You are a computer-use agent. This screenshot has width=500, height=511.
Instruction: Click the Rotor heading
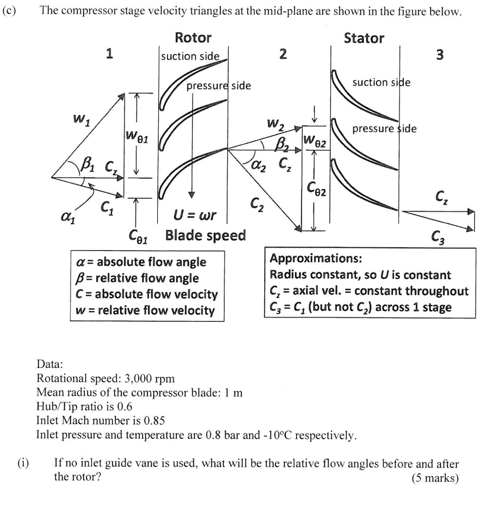coord(193,38)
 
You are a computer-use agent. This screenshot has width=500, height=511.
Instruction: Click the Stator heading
coord(364,38)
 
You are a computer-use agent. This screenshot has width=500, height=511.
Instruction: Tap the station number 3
coord(440,55)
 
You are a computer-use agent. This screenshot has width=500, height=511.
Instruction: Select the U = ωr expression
coord(195,215)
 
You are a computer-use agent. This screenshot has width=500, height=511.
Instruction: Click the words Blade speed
coord(205,235)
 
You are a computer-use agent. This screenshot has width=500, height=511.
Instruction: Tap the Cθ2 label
coord(317,188)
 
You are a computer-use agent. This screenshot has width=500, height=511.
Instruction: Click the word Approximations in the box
coord(316,259)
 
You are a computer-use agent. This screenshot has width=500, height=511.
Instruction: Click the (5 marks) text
coord(435,478)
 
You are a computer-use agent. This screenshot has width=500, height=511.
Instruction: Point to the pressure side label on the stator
coord(384,129)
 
